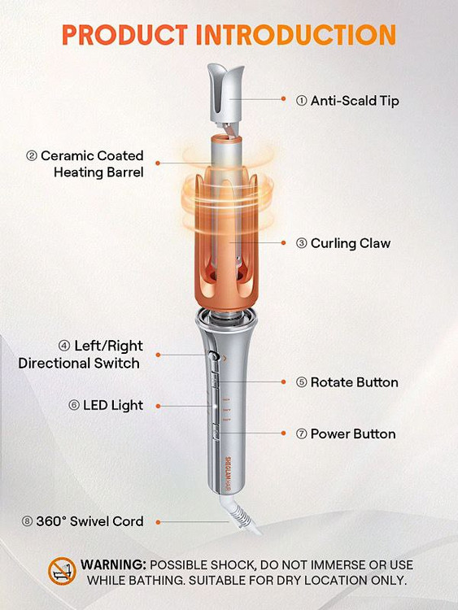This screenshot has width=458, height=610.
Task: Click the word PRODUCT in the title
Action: [124, 35]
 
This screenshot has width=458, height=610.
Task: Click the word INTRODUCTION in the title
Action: [296, 35]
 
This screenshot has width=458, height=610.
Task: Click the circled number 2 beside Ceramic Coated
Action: [32, 156]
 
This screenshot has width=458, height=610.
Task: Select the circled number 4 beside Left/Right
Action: [64, 346]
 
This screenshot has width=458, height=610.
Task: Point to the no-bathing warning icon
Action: [62, 571]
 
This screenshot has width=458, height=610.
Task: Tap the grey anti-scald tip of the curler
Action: [226, 94]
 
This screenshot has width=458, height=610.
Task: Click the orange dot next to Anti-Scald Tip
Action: [284, 98]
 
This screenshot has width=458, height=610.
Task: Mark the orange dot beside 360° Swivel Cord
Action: [158, 522]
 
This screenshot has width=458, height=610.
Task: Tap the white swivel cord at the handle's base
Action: [240, 514]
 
